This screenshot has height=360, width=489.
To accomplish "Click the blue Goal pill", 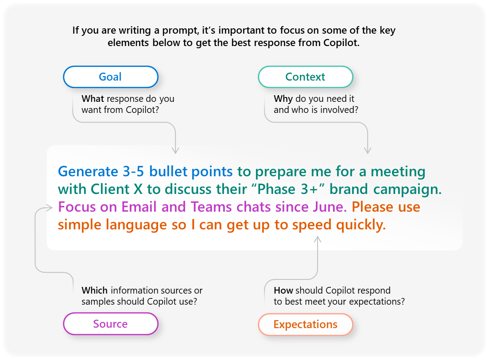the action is tap(111, 77).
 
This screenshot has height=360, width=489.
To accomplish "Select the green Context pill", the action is tap(306, 77).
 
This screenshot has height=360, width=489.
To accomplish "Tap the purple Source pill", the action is tap(111, 324).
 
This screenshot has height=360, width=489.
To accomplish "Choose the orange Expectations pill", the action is tap(306, 325).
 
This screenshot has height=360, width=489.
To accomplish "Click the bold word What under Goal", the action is tap(93, 99).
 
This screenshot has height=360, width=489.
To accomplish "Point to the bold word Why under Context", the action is tap(283, 99).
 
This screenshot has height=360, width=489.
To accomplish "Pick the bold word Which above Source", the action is tap(94, 290).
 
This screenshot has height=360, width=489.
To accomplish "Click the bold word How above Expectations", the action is tap(283, 290).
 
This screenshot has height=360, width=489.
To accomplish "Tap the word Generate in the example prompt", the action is tap(88, 172).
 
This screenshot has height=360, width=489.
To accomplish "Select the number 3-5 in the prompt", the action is tap(133, 172).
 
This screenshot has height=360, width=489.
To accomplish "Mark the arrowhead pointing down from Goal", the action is tap(175, 151).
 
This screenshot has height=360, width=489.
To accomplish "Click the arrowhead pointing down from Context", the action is tap(368, 151).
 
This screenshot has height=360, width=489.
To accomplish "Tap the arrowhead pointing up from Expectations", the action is tap(318, 240).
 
